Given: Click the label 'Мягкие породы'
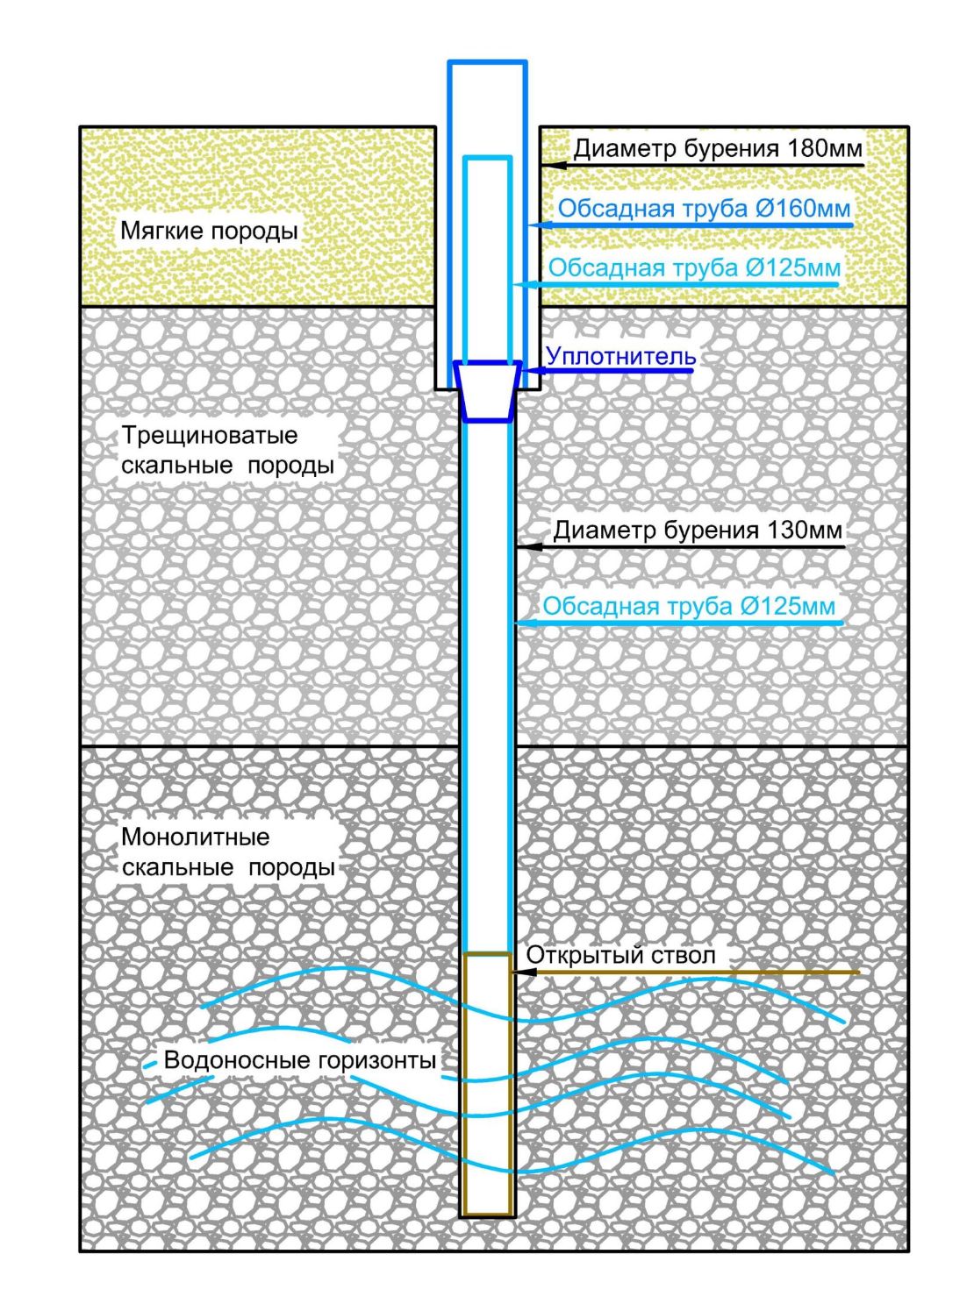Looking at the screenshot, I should (x=209, y=232).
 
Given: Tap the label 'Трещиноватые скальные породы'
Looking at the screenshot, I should (x=227, y=450).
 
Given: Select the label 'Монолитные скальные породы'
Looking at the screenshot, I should (x=228, y=852).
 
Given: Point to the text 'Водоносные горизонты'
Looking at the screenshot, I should (x=299, y=1060).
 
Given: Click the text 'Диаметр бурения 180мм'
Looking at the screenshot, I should (x=718, y=148).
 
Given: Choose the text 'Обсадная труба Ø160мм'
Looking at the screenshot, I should (x=704, y=209).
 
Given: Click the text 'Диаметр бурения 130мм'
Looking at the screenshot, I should (x=697, y=531).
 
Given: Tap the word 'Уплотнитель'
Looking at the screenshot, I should (x=620, y=356).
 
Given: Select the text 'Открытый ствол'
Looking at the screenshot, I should (x=620, y=955).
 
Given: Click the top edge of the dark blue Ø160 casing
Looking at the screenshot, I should (x=487, y=62).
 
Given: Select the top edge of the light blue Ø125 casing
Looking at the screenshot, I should (x=487, y=158).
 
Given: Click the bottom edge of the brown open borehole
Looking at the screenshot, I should (x=487, y=1215).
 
